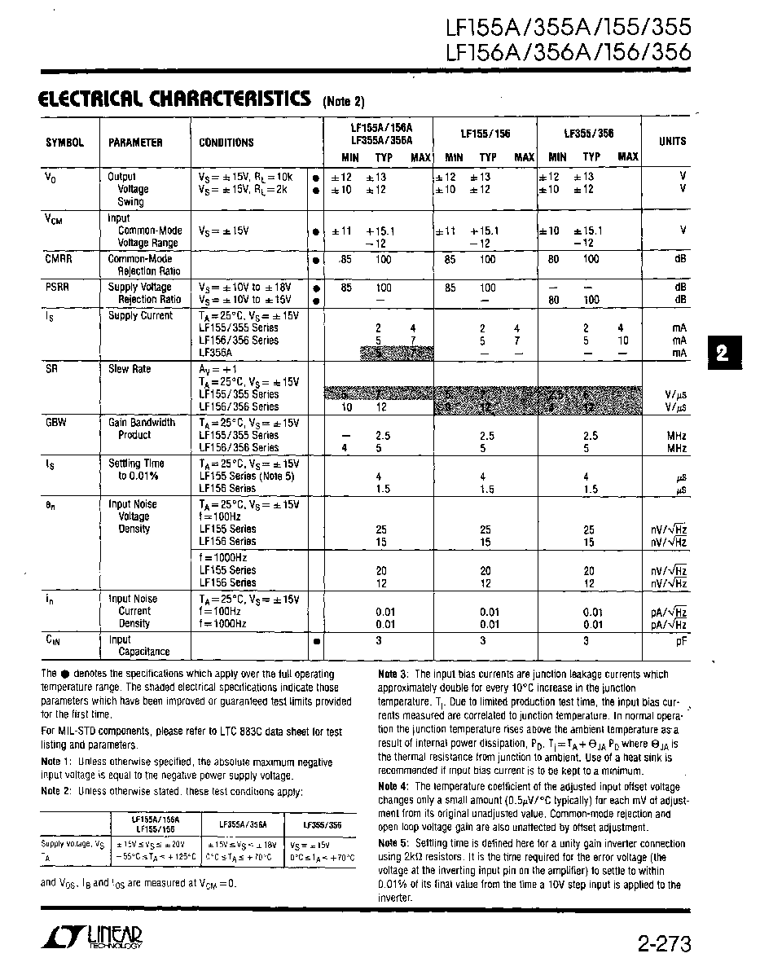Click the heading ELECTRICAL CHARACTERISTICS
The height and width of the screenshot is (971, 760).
174,99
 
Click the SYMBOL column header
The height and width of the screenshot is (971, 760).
64,143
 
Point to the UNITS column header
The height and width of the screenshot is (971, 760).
672,141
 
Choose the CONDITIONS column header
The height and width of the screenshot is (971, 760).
226,143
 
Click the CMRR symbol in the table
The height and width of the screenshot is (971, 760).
58,258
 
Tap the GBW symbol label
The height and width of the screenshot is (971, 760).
56,423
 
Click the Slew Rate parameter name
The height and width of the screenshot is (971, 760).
130,369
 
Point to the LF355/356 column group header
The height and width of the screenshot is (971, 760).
589,134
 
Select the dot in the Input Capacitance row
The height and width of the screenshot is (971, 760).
314,641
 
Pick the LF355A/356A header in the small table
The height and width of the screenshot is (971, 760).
238,824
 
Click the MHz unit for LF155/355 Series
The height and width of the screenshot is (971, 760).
675,436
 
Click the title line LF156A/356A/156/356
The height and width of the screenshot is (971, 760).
569,53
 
